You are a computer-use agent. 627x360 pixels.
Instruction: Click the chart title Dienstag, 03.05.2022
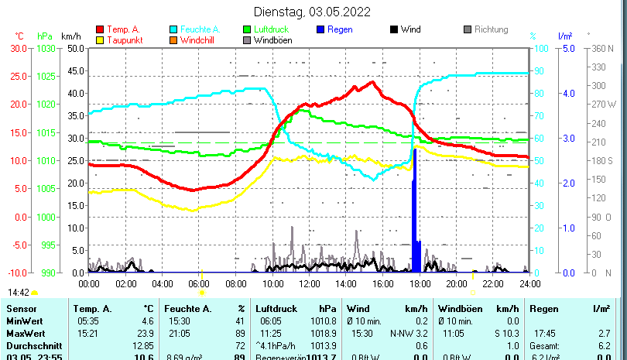(x=312, y=12)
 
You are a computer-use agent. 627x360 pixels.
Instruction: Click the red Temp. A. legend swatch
(x=99, y=29)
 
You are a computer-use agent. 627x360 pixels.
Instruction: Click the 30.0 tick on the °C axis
(x=19, y=48)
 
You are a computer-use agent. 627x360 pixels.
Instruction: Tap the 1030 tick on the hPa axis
(x=46, y=48)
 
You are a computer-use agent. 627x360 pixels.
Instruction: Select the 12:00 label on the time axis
(x=308, y=283)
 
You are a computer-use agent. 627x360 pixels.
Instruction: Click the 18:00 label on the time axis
(x=419, y=283)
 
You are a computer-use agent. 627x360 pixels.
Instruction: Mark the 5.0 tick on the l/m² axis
(x=567, y=48)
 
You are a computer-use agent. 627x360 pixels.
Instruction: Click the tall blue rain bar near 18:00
(x=415, y=209)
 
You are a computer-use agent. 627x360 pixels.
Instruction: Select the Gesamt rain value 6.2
(x=604, y=345)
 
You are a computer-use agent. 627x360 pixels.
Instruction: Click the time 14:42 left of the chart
(x=19, y=293)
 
